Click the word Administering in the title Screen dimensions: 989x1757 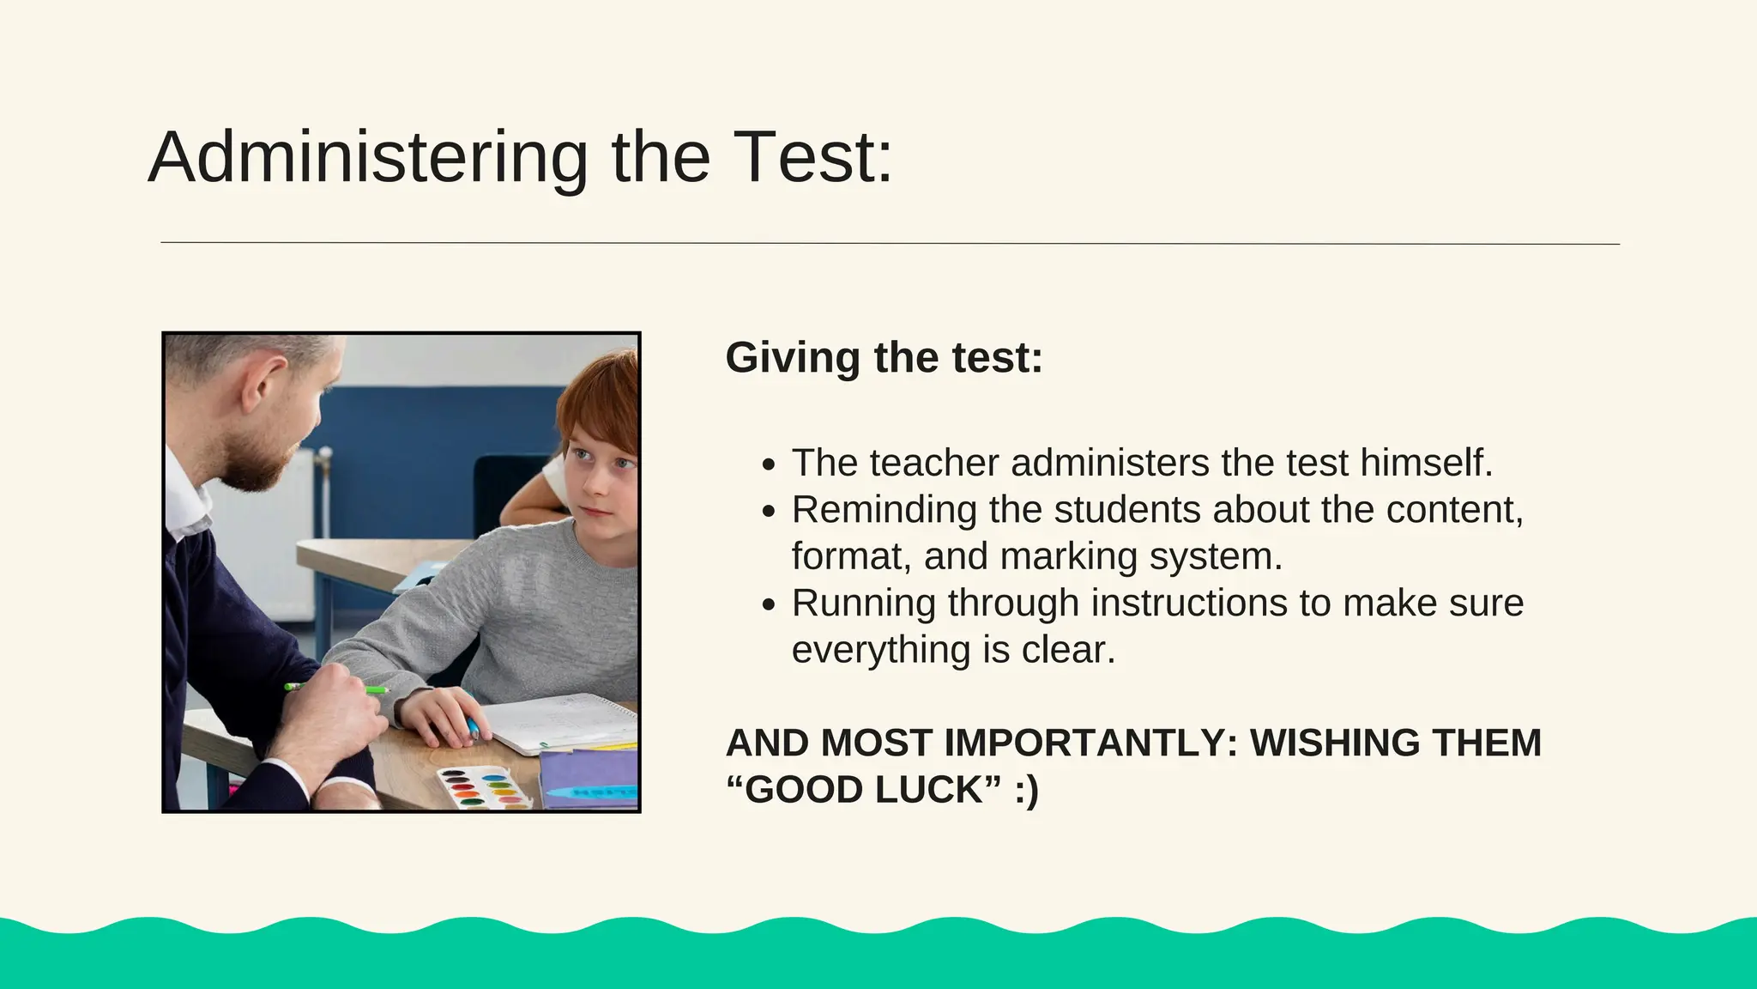(x=368, y=157)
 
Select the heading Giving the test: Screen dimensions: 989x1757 (x=884, y=357)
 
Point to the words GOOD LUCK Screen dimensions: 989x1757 (x=866, y=790)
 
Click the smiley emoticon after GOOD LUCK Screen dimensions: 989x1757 (x=1026, y=790)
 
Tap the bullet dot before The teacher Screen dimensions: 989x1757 (x=769, y=464)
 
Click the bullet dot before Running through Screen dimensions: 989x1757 (x=769, y=604)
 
